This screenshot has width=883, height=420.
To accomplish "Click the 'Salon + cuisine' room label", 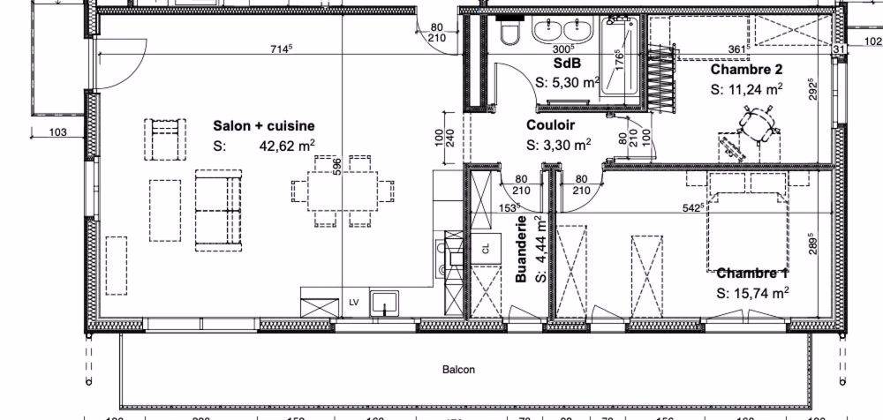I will pyautogui.click(x=263, y=126).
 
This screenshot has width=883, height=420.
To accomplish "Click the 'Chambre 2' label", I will pyautogui.click(x=747, y=69).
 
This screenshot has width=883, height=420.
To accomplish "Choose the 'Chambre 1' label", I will pyautogui.click(x=752, y=274).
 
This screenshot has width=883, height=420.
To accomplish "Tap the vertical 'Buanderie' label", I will pyautogui.click(x=522, y=249).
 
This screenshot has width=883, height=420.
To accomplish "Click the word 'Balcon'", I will pyautogui.click(x=458, y=370).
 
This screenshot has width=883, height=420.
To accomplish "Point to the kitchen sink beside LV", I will pyautogui.click(x=386, y=302).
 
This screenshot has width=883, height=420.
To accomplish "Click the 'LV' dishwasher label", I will pyautogui.click(x=354, y=302).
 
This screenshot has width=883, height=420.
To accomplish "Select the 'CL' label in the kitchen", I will pyautogui.click(x=485, y=249).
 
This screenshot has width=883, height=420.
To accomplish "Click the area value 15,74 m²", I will pyautogui.click(x=752, y=294).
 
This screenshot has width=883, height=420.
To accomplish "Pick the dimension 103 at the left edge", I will pyautogui.click(x=59, y=132).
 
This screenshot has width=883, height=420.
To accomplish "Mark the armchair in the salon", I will pyautogui.click(x=166, y=139).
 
